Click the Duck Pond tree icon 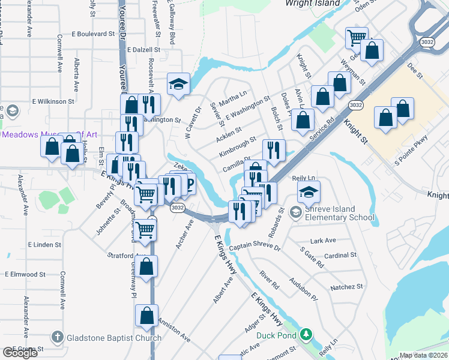306,335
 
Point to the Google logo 20,352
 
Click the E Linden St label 44,245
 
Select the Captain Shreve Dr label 255,247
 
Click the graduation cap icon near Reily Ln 309,192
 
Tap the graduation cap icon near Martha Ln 178,84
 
